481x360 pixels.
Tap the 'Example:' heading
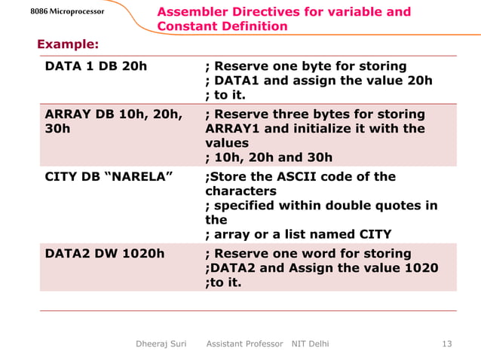pos(68,44)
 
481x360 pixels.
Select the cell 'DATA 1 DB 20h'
pos(96,66)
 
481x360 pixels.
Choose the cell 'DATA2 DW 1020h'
pos(105,254)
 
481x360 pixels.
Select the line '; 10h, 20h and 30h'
pos(268,157)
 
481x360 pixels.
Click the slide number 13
pos(446,344)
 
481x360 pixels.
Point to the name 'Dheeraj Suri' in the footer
pos(161,344)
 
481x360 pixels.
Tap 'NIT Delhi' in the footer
pos(310,344)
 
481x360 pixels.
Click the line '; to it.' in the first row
pos(225,95)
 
